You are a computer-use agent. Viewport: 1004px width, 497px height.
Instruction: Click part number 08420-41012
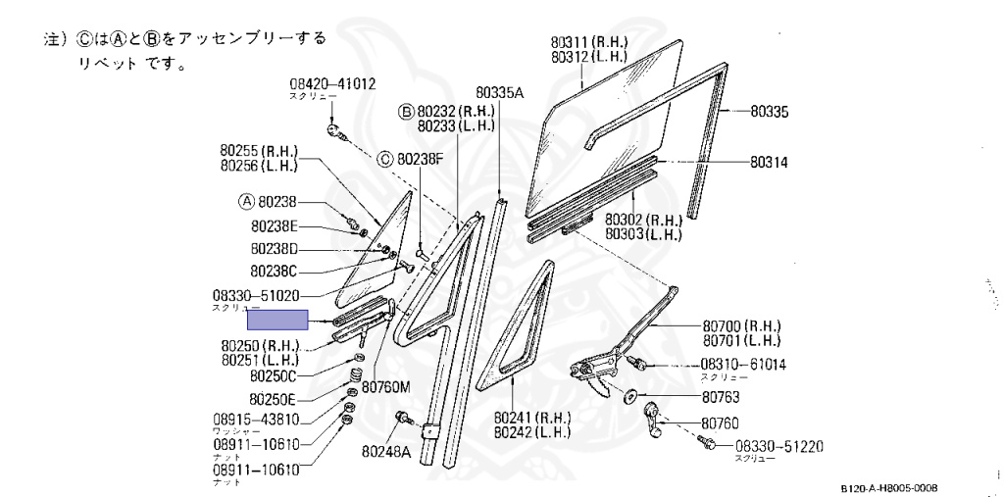[331, 85]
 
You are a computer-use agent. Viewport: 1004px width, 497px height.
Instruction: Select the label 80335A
[502, 93]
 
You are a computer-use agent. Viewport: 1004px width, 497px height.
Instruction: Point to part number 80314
[770, 162]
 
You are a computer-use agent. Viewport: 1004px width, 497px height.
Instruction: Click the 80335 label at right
[770, 113]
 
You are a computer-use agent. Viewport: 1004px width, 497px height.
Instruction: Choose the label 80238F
[421, 158]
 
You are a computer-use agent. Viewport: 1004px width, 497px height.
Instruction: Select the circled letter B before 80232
[405, 112]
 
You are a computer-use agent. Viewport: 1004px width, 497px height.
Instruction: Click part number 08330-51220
[778, 447]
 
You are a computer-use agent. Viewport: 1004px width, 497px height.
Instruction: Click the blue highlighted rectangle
[277, 319]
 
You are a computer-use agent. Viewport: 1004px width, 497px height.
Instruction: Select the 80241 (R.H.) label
[532, 417]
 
